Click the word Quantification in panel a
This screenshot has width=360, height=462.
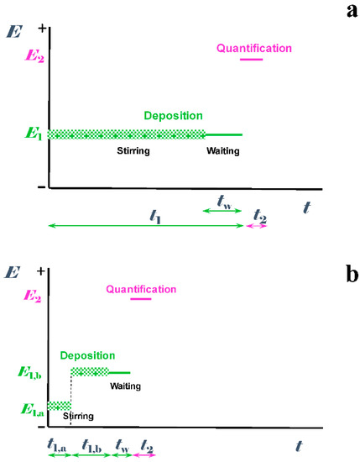click(254, 49)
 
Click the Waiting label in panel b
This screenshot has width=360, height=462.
click(125, 386)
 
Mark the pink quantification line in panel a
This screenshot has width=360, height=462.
click(252, 60)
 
